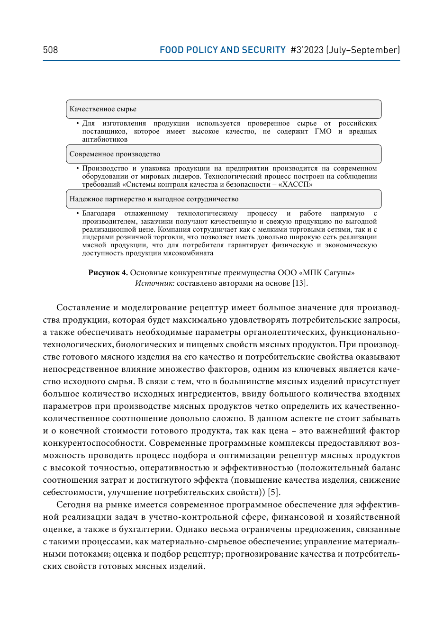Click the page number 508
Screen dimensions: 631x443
50,50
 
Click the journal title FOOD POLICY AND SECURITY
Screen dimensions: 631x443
222,50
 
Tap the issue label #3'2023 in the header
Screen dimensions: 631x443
307,50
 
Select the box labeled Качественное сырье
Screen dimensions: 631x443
224,109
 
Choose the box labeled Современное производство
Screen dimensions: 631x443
224,154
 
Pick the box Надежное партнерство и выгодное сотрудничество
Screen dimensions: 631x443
224,199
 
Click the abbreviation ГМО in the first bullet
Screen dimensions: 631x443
323,131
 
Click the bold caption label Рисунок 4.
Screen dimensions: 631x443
108,272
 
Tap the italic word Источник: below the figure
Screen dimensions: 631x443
154,283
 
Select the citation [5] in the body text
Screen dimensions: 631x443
273,492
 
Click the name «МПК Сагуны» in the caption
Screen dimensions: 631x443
328,272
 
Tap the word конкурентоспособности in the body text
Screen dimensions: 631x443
94,443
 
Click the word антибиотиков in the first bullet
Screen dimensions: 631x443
105,139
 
